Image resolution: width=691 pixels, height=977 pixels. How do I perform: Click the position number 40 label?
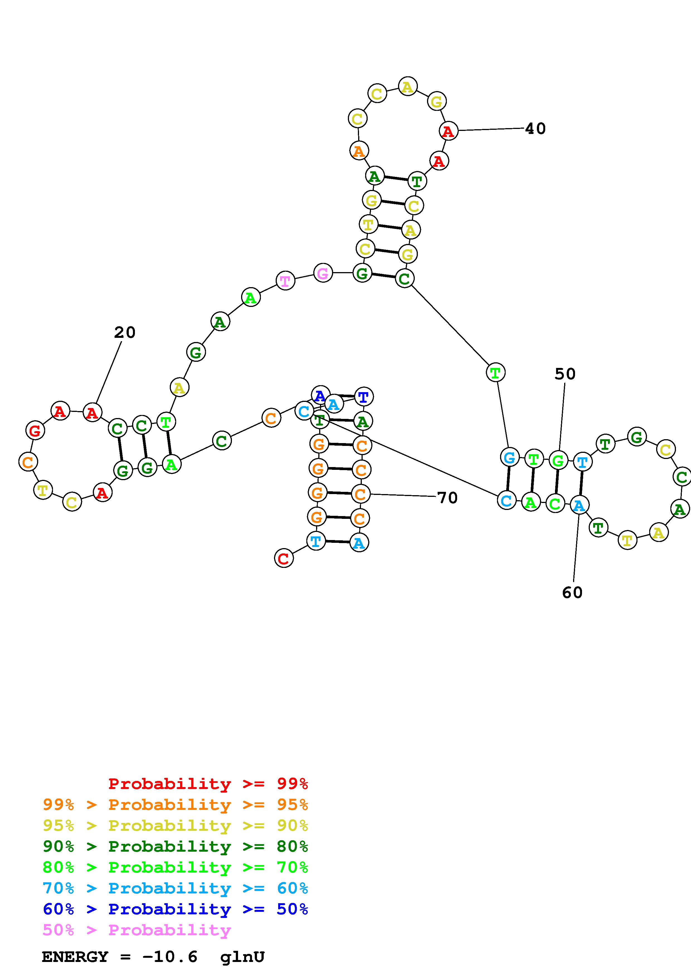point(535,128)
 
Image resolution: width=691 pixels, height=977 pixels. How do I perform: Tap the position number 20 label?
point(125,332)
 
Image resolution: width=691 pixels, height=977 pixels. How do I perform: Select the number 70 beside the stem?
point(447,497)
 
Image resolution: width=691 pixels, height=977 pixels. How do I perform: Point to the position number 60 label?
point(572,592)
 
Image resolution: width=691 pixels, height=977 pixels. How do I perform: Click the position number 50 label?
point(565,374)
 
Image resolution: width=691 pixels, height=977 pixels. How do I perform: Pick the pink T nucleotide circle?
point(285,281)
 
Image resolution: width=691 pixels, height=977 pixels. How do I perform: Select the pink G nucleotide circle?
point(323,273)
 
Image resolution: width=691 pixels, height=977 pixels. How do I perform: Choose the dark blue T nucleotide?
point(363,397)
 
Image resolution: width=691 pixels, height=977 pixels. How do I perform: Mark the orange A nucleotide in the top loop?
point(359,151)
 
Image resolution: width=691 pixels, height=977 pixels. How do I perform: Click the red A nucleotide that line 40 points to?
point(448,131)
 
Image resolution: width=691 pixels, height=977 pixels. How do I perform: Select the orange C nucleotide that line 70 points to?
point(361,494)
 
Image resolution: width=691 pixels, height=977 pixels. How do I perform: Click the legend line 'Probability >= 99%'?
point(208,784)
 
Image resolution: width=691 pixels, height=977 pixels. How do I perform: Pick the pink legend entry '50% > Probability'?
point(137,930)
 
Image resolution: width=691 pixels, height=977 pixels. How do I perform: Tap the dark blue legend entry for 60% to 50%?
point(175,909)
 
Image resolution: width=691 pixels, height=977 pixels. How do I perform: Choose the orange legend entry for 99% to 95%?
point(175,805)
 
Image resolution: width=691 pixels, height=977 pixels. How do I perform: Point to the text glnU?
point(242,957)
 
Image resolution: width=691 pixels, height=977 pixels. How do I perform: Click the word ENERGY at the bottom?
point(75,957)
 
